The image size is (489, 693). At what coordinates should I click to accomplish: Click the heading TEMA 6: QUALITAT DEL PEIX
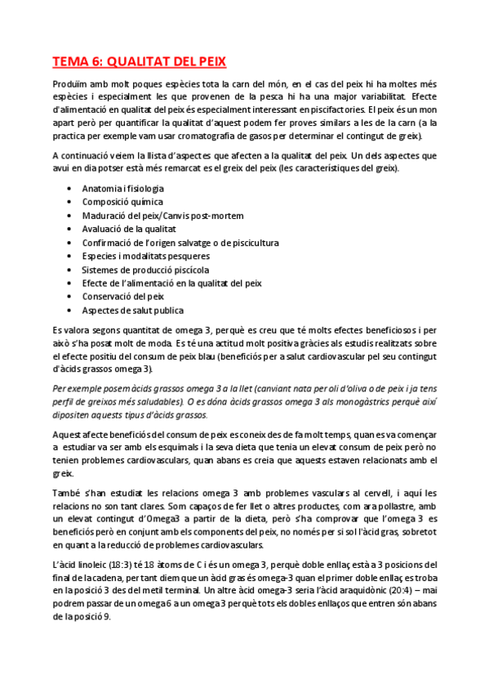coord(139,61)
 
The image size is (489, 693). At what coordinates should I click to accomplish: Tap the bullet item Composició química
coord(122,201)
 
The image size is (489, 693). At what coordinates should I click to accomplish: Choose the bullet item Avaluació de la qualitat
coord(129,229)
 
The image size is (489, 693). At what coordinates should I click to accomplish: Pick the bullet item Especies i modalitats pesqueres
coord(146,256)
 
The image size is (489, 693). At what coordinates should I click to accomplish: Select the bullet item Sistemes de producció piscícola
coord(145,270)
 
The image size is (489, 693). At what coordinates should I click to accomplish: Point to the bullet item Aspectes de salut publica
coord(132,311)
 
